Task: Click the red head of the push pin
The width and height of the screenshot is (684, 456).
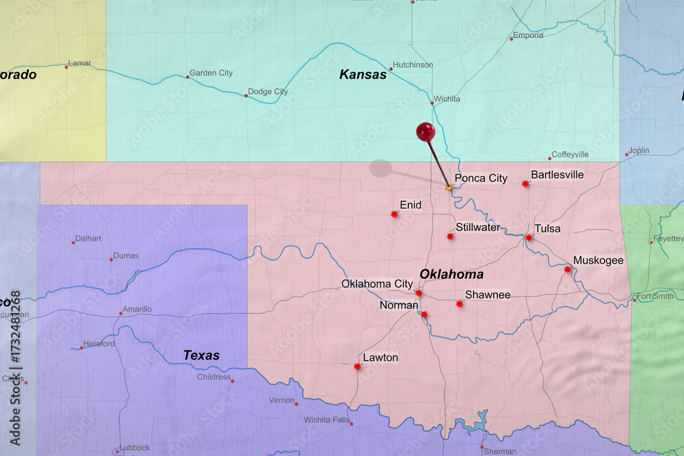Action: pos(425,131)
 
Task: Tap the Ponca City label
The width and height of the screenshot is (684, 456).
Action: pos(481,178)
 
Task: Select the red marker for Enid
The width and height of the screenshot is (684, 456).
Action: pos(394,214)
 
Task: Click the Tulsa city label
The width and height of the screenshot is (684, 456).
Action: pos(547,228)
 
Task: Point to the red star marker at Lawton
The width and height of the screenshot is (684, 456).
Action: pos(357,366)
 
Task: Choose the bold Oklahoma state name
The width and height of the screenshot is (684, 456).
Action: pos(451,274)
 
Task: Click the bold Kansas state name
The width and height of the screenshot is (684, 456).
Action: pos(363,75)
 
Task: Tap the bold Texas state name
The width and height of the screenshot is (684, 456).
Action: pos(202,356)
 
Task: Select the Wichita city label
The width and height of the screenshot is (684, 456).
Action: pos(446,98)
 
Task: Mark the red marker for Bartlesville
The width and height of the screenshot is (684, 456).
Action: pos(525,184)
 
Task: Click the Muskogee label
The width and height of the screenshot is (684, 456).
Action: pos(598,260)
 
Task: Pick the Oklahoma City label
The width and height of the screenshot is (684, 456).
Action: pos(377,284)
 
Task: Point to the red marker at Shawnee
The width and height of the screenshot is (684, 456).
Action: pos(460,304)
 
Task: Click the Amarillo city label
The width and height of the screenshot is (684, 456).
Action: pos(137,309)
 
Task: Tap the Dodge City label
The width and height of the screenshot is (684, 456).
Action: pos(267,92)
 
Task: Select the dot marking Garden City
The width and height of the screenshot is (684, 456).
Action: pos(187,77)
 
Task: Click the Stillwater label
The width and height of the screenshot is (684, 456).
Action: pos(477,227)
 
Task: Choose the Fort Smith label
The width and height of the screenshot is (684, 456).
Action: pos(655,297)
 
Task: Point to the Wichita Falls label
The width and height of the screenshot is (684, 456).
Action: pos(327,420)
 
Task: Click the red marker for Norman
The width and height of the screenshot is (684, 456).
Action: pos(424,314)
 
